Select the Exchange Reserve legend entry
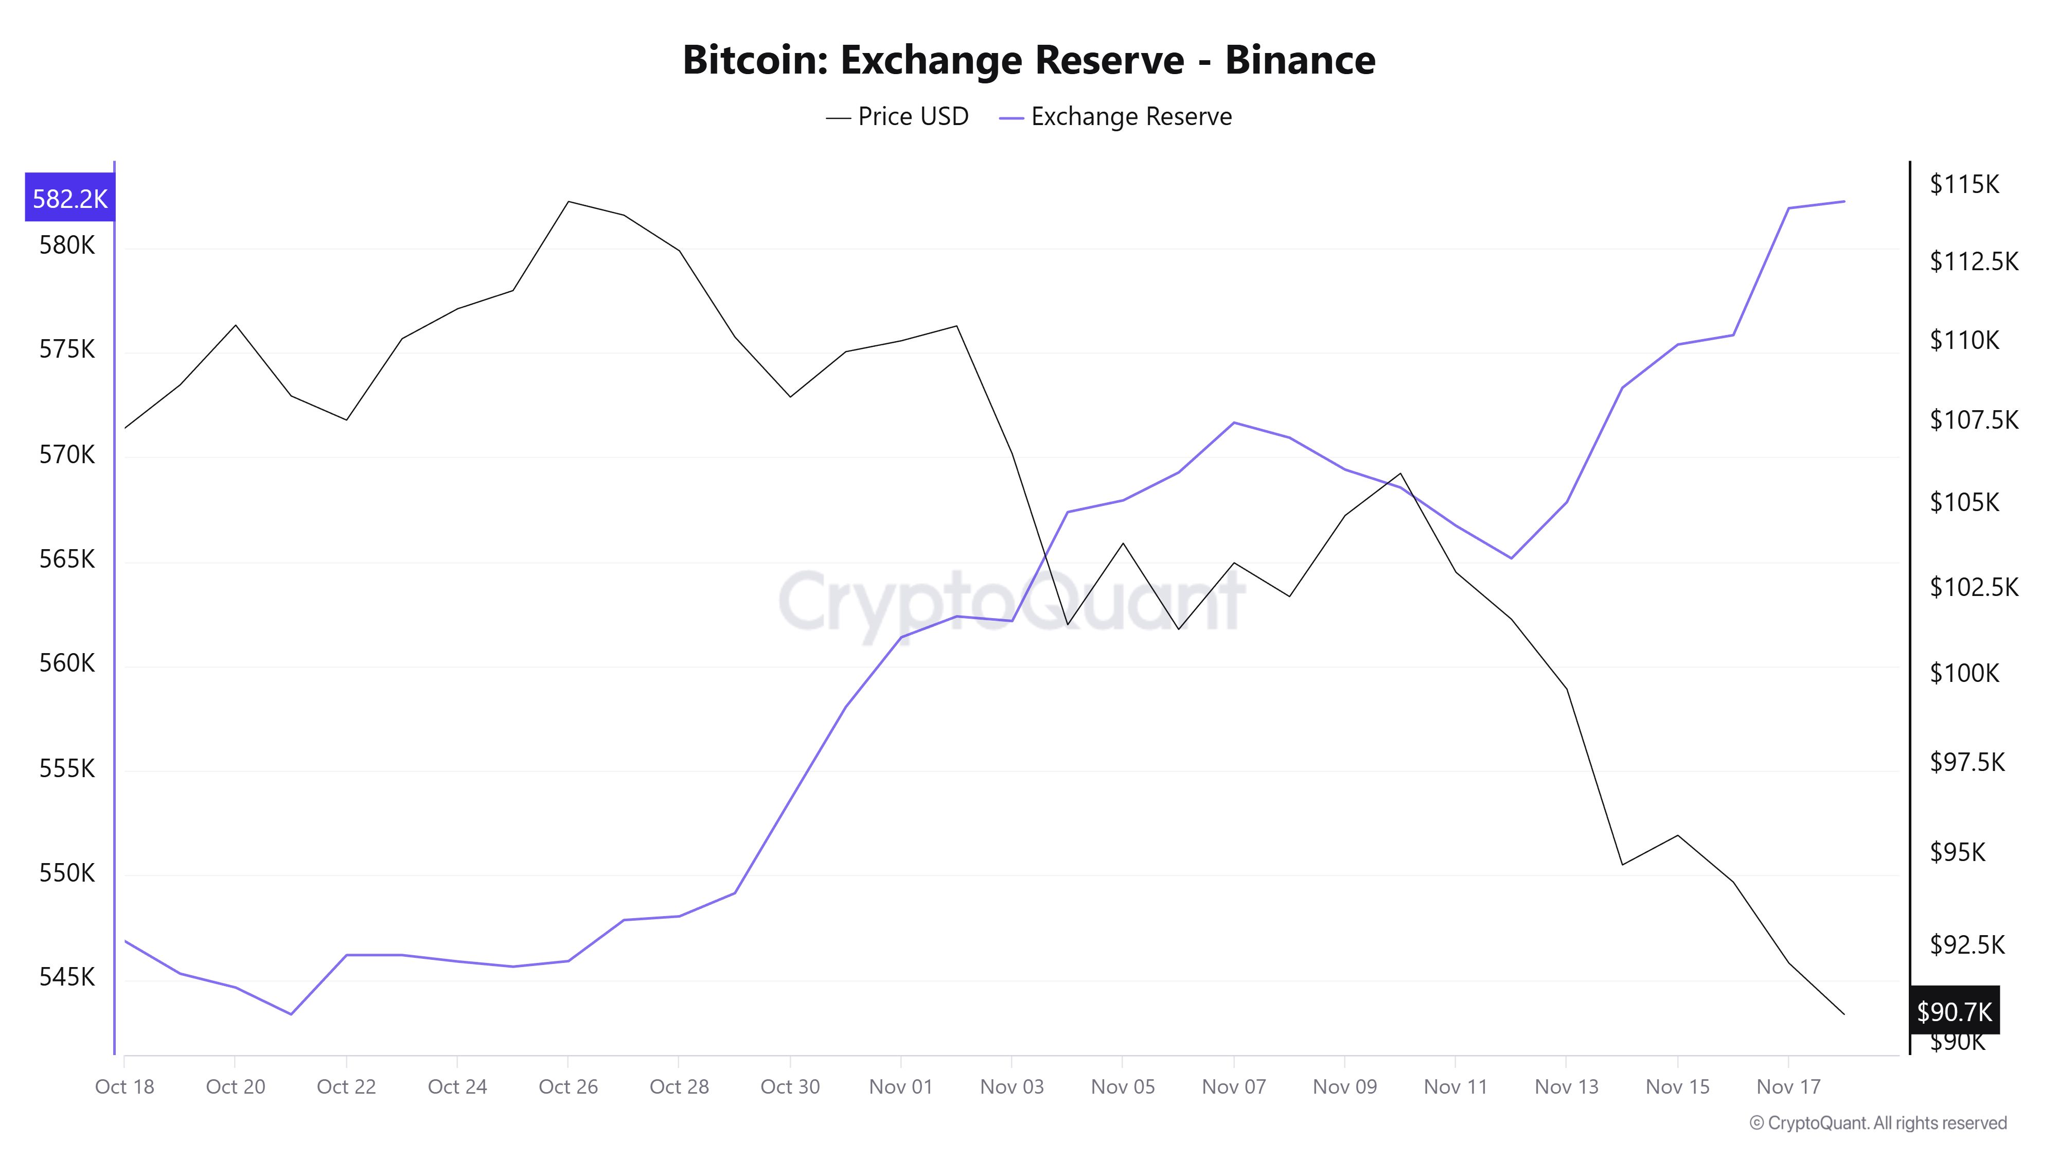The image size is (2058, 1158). click(1115, 117)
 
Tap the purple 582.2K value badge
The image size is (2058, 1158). click(69, 198)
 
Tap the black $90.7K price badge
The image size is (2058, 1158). click(1954, 1012)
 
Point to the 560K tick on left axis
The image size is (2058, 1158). click(66, 663)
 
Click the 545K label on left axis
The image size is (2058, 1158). click(66, 977)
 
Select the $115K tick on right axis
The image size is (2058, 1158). click(1964, 185)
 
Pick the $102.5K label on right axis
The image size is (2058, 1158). click(1973, 587)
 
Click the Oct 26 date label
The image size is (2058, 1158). click(568, 1087)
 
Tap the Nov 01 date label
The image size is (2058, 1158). click(900, 1087)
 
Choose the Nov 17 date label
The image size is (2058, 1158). click(1788, 1087)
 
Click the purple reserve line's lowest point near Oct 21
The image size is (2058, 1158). click(291, 1014)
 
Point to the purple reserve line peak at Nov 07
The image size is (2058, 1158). click(1234, 422)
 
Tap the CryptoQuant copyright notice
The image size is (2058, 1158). click(1877, 1123)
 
